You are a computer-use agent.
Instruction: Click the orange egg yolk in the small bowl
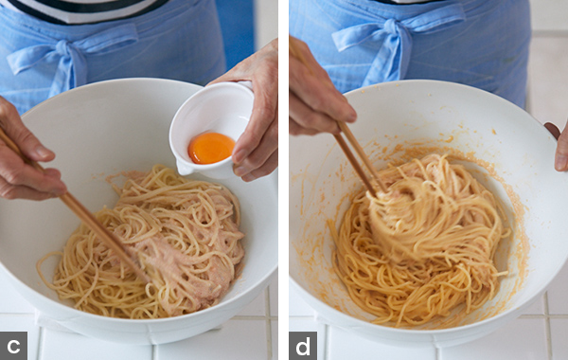(x=211, y=148)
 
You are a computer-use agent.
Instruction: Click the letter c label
(x=13, y=346)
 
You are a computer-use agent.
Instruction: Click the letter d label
(x=303, y=346)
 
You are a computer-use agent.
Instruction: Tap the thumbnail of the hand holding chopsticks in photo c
(x=44, y=153)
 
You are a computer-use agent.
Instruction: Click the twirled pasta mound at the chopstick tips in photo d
(x=399, y=218)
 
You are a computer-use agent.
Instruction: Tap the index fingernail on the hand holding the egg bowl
(x=240, y=155)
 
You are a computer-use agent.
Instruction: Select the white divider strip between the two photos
(x=284, y=180)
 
